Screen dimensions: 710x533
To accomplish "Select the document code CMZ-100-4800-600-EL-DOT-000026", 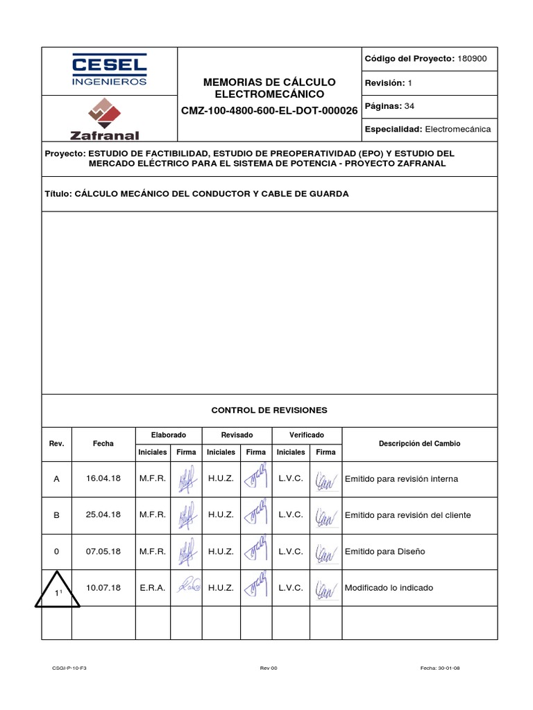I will click(269, 110).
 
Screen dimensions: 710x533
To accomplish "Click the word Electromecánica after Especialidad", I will click(457, 129).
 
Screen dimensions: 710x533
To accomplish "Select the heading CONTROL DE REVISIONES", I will click(269, 410).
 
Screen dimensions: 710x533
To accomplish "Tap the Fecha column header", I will click(103, 444).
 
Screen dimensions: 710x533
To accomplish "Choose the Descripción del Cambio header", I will click(419, 444).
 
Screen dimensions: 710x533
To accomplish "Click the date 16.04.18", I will click(103, 479).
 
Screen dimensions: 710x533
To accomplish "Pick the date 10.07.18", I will click(103, 588).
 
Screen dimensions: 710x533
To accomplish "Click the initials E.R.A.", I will click(152, 588).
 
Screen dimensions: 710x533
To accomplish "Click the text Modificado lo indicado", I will click(389, 588).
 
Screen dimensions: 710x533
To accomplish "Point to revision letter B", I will click(57, 515).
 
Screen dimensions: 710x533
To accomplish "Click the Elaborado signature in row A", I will click(186, 479).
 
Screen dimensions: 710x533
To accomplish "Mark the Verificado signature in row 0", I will click(325, 552).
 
